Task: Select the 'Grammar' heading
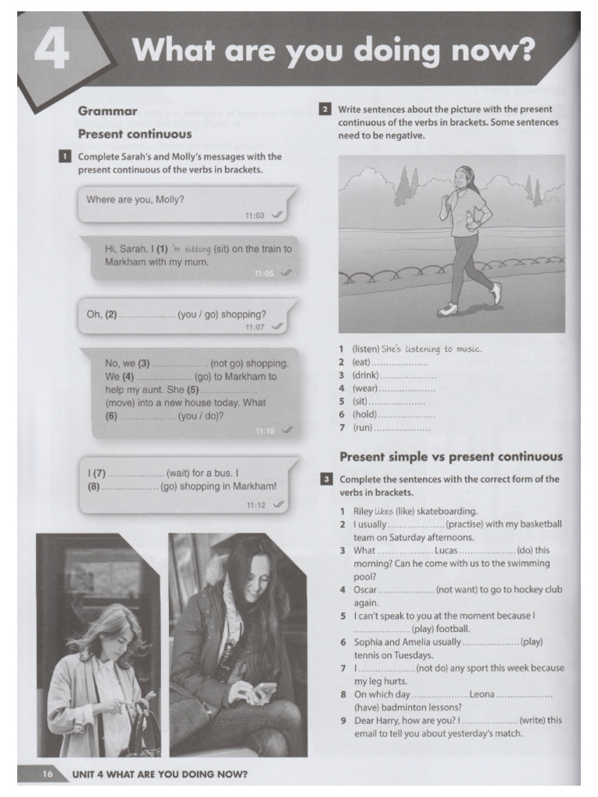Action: pos(107,111)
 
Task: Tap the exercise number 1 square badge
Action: pos(64,156)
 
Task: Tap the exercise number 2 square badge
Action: pos(325,110)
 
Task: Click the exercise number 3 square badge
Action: pos(325,479)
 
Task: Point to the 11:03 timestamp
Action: pos(255,215)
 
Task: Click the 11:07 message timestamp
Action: pos(255,327)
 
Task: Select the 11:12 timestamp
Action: pos(255,504)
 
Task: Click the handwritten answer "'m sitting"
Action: pos(192,249)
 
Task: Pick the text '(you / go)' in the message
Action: pos(199,314)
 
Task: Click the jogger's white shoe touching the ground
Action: pos(447,309)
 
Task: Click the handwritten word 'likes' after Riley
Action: pos(384,511)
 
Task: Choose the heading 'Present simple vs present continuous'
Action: pos(450,457)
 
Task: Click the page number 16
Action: pos(47,774)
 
